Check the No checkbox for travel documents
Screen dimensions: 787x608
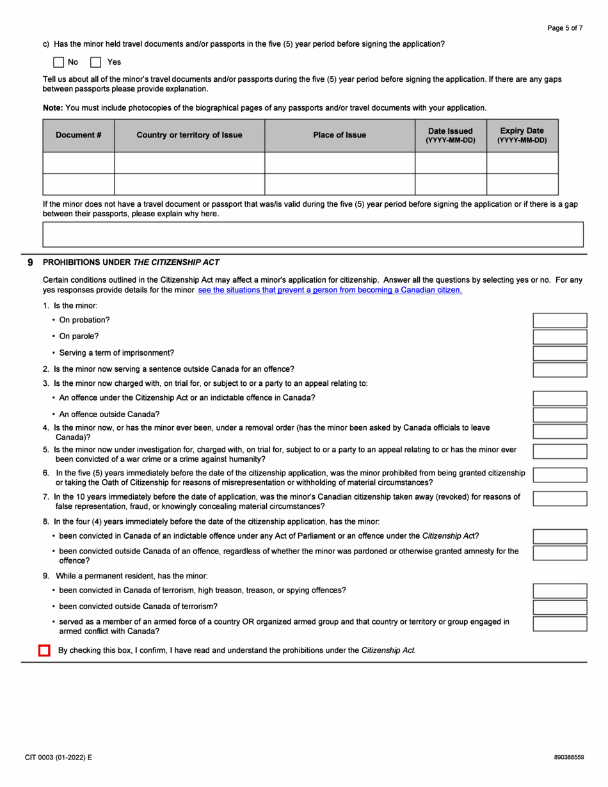(x=58, y=62)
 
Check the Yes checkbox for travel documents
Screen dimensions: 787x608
(x=96, y=62)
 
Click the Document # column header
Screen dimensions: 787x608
(x=78, y=135)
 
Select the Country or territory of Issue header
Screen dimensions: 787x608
(x=189, y=135)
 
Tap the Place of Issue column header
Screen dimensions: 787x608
(x=339, y=135)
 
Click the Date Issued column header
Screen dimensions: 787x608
(x=451, y=135)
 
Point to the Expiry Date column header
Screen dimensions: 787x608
(x=522, y=135)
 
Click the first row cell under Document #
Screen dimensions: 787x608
(x=78, y=163)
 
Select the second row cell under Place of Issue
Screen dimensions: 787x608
(x=339, y=184)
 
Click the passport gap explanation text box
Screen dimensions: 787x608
(x=312, y=234)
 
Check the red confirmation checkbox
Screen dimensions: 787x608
(x=44, y=651)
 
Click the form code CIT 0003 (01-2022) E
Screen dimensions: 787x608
(x=58, y=757)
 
